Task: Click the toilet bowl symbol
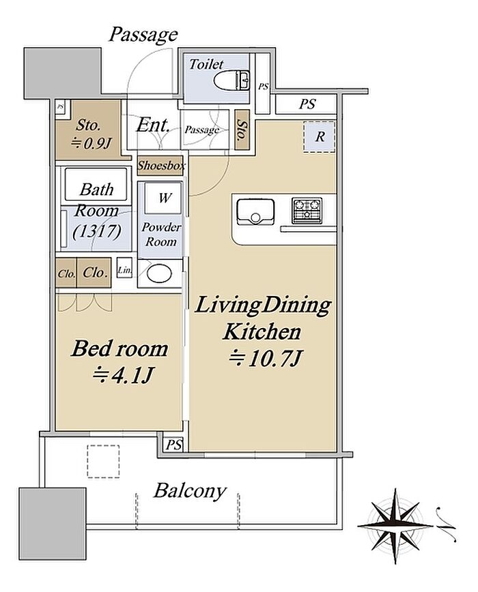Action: tap(231, 80)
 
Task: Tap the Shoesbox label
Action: tap(161, 165)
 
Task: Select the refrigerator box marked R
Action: tap(320, 136)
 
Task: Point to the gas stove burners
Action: tap(307, 210)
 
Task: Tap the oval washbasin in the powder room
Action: tap(159, 273)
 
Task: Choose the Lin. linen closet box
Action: tap(124, 267)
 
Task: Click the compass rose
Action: tap(395, 525)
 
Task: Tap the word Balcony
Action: tap(190, 491)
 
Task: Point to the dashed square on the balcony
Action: tap(103, 461)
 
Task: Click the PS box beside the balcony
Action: tap(173, 445)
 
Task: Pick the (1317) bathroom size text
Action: tap(97, 231)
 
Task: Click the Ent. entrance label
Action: tap(153, 125)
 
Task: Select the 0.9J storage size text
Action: tap(91, 143)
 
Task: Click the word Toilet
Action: tap(206, 64)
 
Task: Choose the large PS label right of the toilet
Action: tap(307, 104)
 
